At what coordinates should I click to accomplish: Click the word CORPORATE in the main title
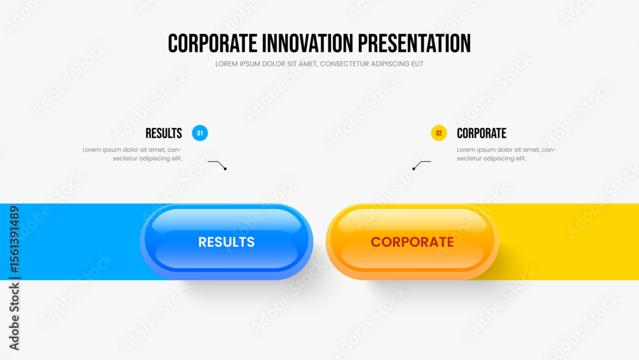tap(212, 43)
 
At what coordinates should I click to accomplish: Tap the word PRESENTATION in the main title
tap(414, 43)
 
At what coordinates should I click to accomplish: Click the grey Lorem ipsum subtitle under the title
tap(319, 64)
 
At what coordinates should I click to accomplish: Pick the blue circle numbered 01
tap(199, 133)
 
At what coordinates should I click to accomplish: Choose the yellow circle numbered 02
tap(439, 133)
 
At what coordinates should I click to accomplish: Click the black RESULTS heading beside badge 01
tap(164, 133)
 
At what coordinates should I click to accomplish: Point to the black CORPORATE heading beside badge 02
tap(481, 133)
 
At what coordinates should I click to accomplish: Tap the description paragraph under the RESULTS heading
tap(132, 154)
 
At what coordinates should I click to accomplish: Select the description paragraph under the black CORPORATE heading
tap(506, 154)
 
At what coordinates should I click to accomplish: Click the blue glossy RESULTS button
tap(227, 242)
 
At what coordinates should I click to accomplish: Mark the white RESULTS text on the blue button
tap(227, 242)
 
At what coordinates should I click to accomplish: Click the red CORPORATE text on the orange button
tap(412, 242)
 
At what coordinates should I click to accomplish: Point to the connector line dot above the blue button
tap(225, 169)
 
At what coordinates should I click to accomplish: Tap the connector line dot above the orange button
tap(413, 169)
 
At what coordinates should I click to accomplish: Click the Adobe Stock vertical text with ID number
tap(14, 278)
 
